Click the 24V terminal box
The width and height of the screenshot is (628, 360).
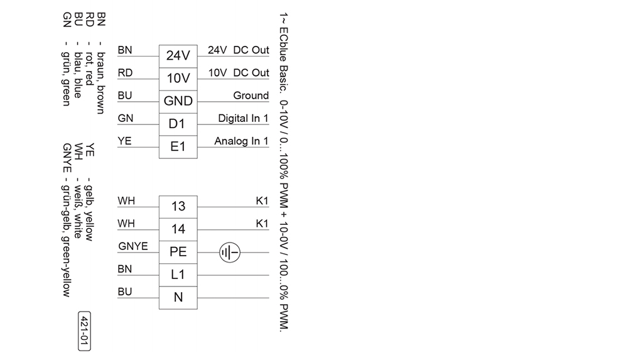pos(178,56)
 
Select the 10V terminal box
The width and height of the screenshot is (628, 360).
pos(178,79)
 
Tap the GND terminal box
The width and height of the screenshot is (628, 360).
pos(178,101)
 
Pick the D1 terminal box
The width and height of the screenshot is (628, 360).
pos(178,124)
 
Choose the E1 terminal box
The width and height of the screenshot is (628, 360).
pos(178,146)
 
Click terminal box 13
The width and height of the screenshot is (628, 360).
pos(178,206)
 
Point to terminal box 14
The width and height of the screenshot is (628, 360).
pos(178,229)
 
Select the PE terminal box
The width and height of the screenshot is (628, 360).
pos(178,252)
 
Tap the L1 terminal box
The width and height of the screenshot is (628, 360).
pos(178,275)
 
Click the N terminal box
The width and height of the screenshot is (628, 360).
pos(178,297)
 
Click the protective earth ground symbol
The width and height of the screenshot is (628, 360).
pos(229,253)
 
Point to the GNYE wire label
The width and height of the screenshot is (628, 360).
pos(133,246)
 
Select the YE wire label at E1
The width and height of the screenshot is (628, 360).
pos(124,141)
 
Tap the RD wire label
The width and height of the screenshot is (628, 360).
pos(125,73)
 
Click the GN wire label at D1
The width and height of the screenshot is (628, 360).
pos(125,118)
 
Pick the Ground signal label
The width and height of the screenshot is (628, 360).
pos(251,95)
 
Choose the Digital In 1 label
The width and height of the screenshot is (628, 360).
pos(243,118)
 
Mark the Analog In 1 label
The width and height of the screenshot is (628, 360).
pos(241,141)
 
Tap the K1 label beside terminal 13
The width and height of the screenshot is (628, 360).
pos(262,201)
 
